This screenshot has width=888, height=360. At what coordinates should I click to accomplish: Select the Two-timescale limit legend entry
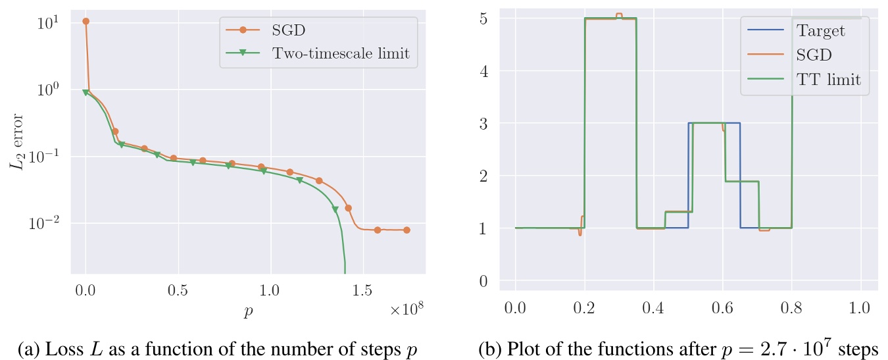tap(340, 54)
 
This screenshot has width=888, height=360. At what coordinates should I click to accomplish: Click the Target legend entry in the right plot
tap(820, 30)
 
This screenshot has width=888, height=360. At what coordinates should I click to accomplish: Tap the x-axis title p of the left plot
tap(248, 311)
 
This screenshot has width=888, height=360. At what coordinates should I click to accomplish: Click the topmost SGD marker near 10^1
tap(86, 21)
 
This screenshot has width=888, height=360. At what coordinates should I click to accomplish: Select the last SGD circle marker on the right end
tap(407, 230)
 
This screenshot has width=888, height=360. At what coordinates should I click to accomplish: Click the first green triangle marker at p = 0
tap(86, 93)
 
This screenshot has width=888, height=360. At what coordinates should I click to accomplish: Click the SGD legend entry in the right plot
tap(812, 55)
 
